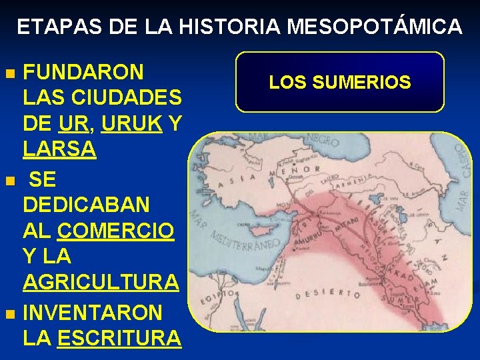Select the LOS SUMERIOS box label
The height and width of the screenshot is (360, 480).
pyautogui.click(x=340, y=83)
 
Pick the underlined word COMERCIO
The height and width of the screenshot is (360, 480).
pyautogui.click(x=116, y=231)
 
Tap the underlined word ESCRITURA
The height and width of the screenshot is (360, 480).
pyautogui.click(x=119, y=337)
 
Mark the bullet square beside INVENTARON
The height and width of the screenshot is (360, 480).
pyautogui.click(x=9, y=313)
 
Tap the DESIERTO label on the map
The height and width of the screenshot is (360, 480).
pyautogui.click(x=324, y=293)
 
